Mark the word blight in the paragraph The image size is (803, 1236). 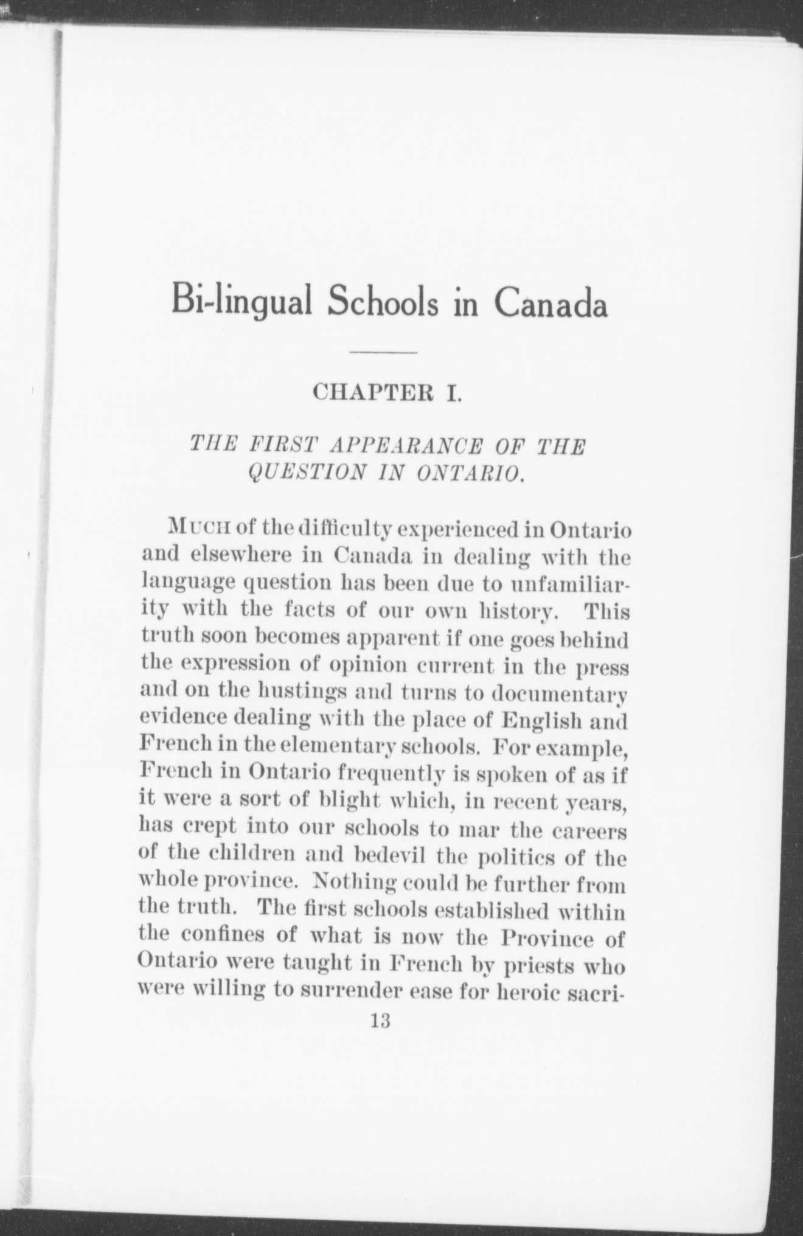point(347,802)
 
